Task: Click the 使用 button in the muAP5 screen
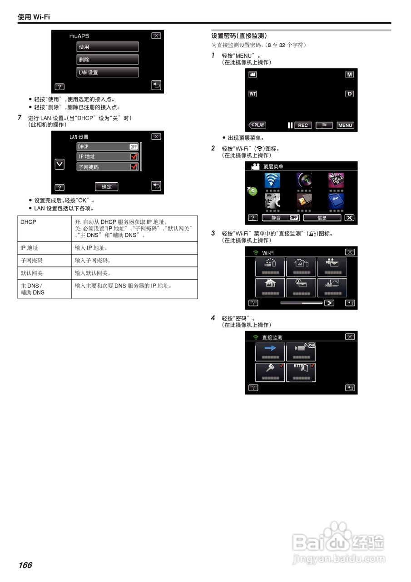(x=107, y=47)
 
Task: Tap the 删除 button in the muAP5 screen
(x=107, y=60)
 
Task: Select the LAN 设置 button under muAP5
(x=107, y=72)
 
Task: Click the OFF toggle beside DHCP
(x=134, y=147)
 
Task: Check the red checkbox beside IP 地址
(x=134, y=157)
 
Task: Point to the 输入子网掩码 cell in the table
(x=93, y=261)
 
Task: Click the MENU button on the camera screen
(x=345, y=125)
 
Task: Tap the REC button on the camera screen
(x=302, y=125)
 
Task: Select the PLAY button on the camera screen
(x=257, y=125)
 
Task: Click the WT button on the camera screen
(x=253, y=94)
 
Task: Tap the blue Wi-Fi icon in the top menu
(x=272, y=181)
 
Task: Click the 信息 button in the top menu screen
(x=322, y=218)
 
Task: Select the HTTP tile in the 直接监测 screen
(x=301, y=372)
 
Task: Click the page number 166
(x=25, y=565)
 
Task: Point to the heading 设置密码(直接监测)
(x=239, y=35)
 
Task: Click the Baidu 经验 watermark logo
(x=338, y=543)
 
